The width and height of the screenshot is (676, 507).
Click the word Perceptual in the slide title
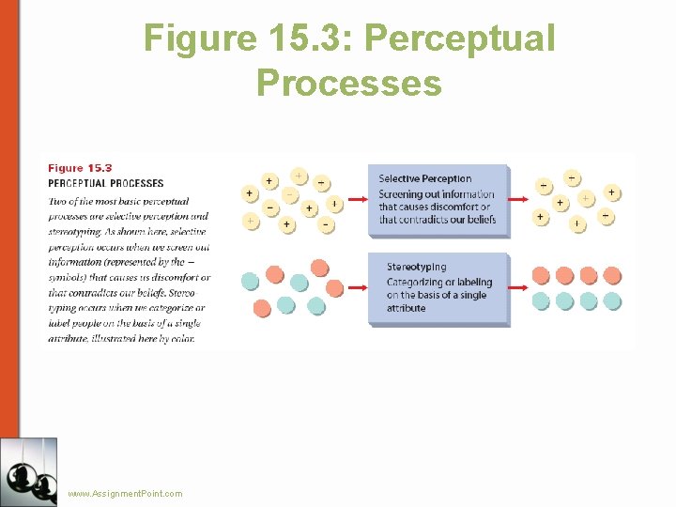click(x=459, y=38)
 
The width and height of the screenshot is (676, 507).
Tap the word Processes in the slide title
click(x=348, y=83)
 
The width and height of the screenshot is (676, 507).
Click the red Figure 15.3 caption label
click(x=80, y=168)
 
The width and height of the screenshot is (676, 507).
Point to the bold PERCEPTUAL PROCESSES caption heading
click(x=105, y=183)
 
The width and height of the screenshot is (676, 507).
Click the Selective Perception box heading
click(x=424, y=178)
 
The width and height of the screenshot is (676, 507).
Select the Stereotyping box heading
click(x=416, y=268)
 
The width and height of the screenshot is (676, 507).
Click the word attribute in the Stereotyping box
click(x=406, y=308)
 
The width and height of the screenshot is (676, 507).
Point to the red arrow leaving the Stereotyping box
click(x=520, y=288)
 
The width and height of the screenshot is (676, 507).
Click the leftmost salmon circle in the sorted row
click(x=541, y=275)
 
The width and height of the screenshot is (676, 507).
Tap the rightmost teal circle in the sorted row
click(x=612, y=300)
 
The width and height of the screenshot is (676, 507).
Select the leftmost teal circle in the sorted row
click(x=541, y=300)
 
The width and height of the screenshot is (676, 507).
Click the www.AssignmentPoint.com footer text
click(x=125, y=494)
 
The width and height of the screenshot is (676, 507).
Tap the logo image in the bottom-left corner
click(x=29, y=472)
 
